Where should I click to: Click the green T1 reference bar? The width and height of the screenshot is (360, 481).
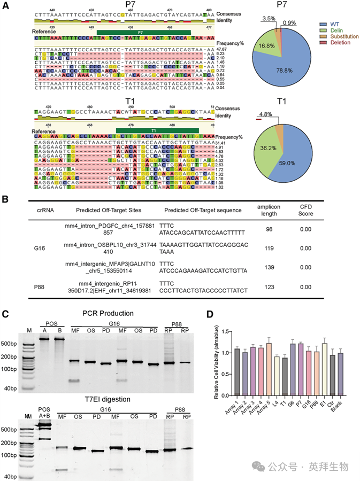[157, 130]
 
